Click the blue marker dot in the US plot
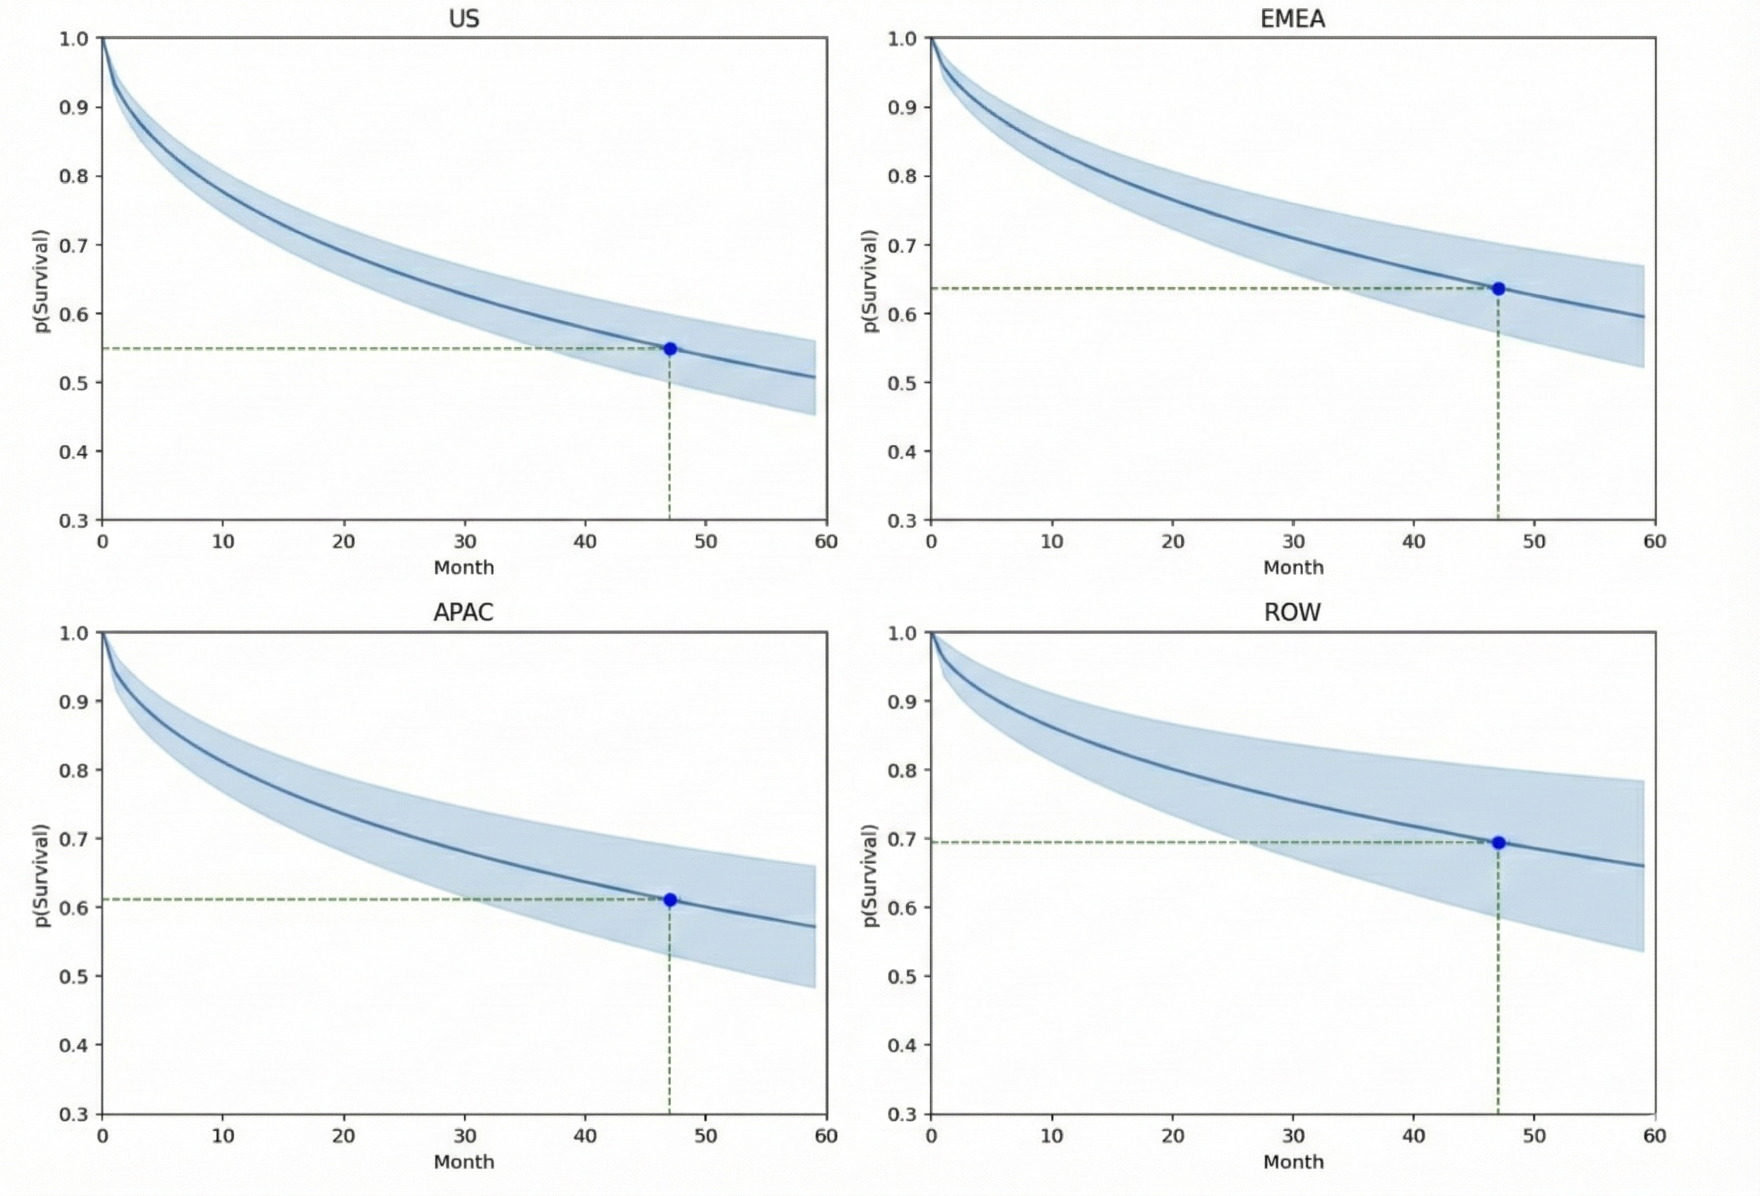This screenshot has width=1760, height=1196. pos(669,349)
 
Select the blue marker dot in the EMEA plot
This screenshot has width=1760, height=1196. pos(1498,288)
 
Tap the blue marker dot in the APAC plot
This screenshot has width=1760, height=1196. pos(669,900)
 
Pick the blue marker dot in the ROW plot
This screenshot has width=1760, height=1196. pos(1498,843)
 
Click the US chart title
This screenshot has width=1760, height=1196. pos(463,19)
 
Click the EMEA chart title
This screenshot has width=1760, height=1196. pos(1292,19)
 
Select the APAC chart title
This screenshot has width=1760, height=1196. pos(463,612)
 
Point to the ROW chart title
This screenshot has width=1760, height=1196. pos(1292,612)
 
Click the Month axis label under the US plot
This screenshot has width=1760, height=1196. pos(463,567)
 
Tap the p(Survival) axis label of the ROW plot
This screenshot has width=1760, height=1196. pos(870,875)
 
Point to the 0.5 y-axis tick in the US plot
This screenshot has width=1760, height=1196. pos(73,382)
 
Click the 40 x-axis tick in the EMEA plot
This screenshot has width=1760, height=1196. pos(1413,542)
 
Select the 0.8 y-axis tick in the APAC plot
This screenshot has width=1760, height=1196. pos(73,770)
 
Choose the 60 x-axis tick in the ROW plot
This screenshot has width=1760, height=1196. pos(1655,1135)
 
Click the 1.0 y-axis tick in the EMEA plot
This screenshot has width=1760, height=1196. pos(902,39)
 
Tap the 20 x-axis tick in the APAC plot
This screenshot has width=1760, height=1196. pos(343,1135)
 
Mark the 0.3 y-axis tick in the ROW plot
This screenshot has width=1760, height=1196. pos(902,1114)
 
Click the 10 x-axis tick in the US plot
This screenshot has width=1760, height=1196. pos(223,542)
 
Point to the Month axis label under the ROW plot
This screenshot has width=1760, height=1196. pos(1292,1161)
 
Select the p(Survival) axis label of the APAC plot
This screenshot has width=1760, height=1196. pos(42,875)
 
